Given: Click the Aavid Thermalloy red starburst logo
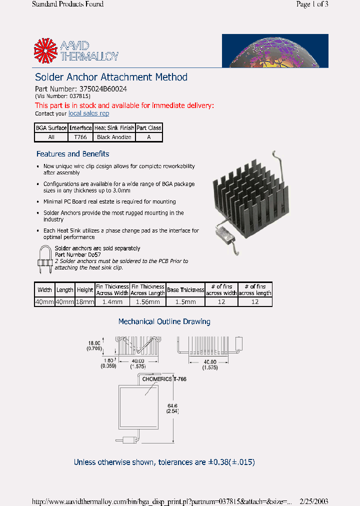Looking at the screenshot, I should click(46, 51).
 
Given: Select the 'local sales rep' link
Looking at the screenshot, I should click(88, 113).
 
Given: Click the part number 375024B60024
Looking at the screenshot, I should click(103, 89).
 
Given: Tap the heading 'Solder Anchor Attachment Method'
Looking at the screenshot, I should click(111, 77).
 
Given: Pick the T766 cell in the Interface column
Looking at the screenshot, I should click(80, 137).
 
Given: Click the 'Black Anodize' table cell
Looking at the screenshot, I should click(114, 137).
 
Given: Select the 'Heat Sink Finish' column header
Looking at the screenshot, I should click(114, 128).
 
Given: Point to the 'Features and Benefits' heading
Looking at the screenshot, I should click(72, 154).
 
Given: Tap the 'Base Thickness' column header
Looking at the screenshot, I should click(185, 289).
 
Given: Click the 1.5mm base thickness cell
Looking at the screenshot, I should click(185, 302).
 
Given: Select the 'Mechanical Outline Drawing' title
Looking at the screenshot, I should click(164, 321).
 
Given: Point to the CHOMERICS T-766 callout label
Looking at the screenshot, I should click(164, 379).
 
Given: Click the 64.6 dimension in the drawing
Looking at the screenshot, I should click(172, 405).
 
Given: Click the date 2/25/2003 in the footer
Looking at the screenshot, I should click(313, 501).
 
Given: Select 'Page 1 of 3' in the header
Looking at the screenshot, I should click(312, 4).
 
